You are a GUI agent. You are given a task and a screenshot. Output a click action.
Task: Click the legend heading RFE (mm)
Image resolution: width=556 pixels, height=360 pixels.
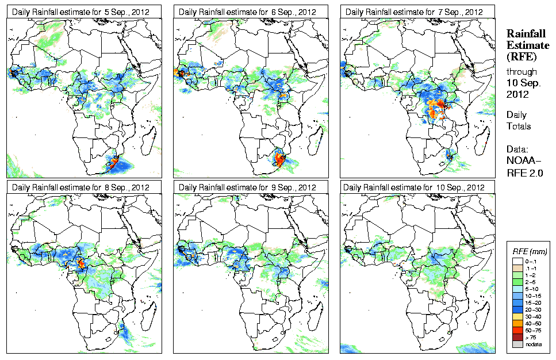coord(530,251)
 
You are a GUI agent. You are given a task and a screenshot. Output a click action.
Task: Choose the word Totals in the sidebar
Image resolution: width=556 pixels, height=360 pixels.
coord(519,126)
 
